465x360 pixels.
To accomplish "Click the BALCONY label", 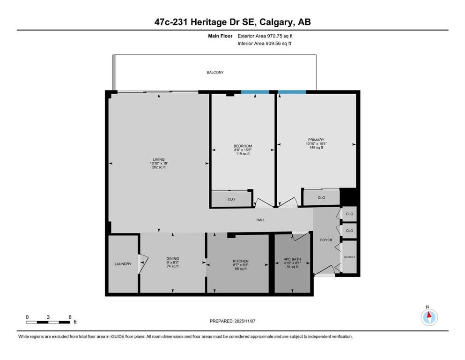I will [x=215, y=73].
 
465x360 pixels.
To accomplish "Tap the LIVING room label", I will [x=159, y=159].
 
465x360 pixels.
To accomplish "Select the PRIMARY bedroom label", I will [x=316, y=140].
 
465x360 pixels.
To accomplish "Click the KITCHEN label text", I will [x=241, y=261].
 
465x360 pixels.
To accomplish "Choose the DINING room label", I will [x=172, y=258].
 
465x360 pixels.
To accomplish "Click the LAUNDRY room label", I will [x=123, y=264].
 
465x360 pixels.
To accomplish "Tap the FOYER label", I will [x=326, y=240].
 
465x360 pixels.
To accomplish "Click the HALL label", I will [x=261, y=220].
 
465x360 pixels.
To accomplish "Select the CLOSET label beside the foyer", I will [x=350, y=257].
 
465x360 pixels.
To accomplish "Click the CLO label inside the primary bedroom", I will [x=321, y=198].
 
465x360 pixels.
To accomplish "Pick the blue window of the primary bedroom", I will [x=292, y=92].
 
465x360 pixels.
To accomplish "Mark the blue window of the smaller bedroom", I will [x=255, y=92].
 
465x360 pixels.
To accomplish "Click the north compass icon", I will [x=428, y=317].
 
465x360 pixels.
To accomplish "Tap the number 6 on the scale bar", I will [x=70, y=317].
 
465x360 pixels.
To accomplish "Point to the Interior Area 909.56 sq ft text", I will [x=265, y=44].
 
